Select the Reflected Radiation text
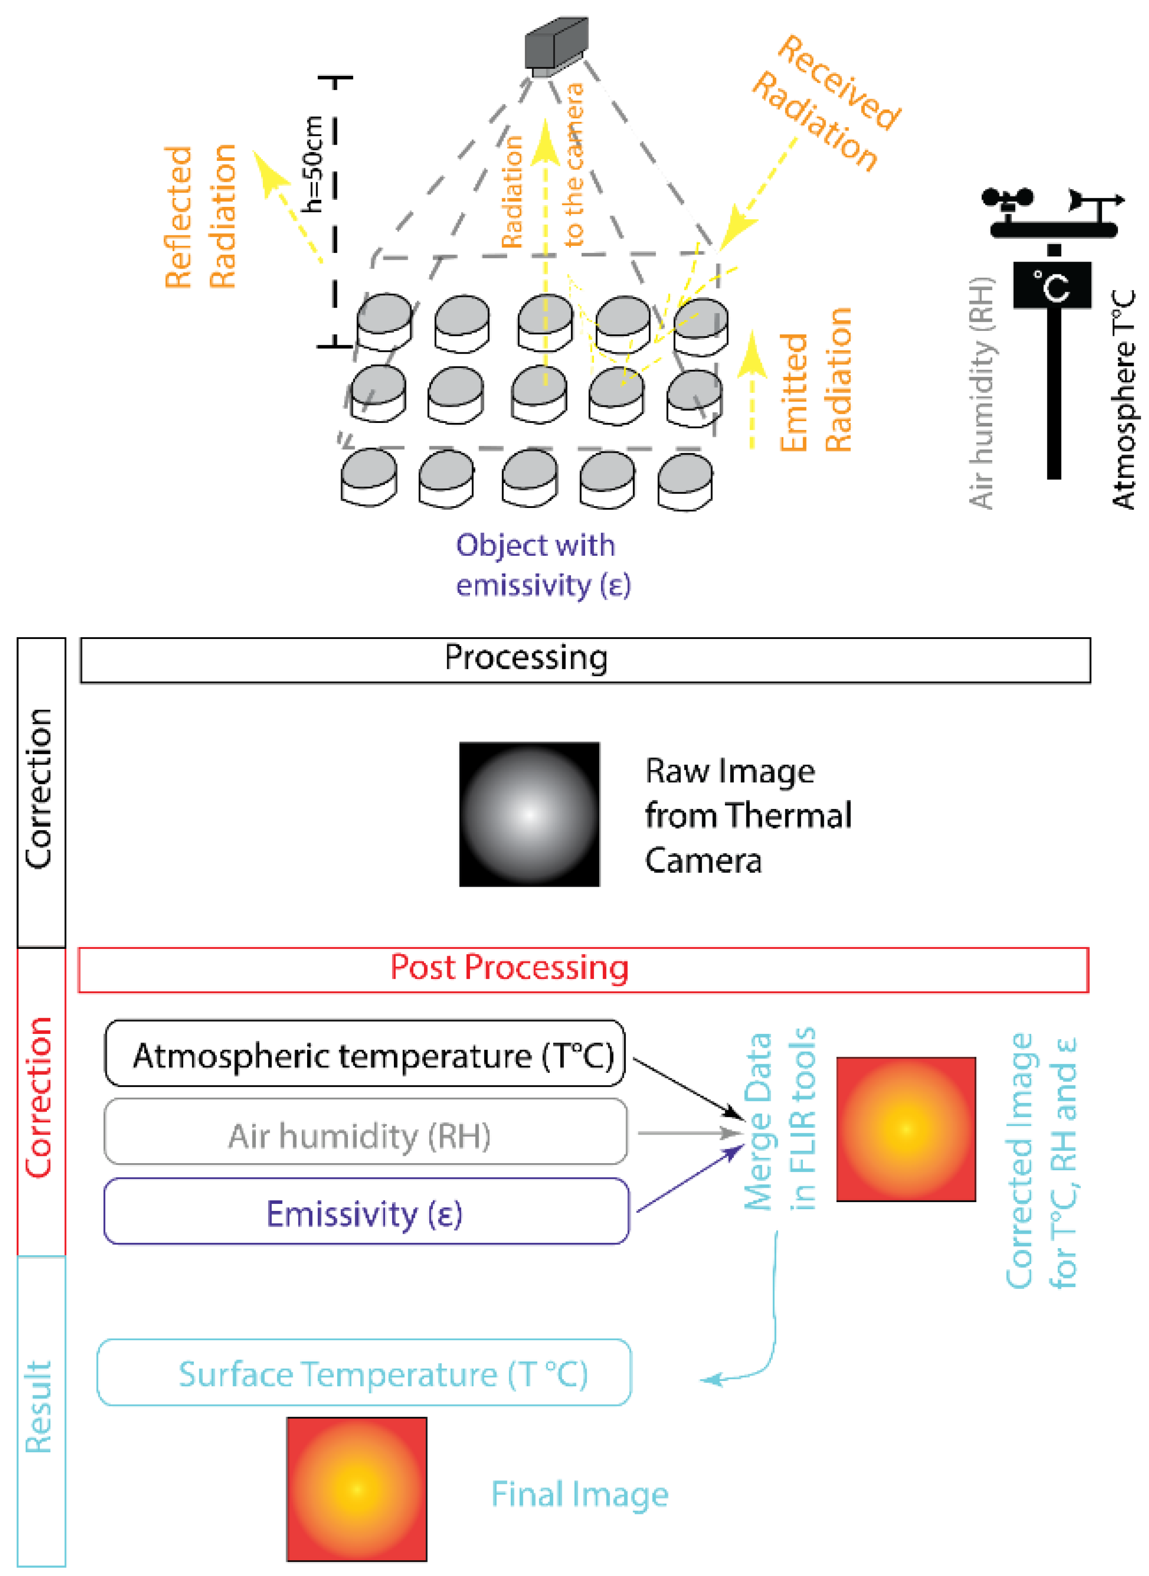tap(200, 217)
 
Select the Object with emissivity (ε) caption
tap(542, 565)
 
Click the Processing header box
tap(585, 660)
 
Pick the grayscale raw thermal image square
tap(529, 814)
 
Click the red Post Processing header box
tap(583, 969)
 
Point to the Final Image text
tap(580, 1494)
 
